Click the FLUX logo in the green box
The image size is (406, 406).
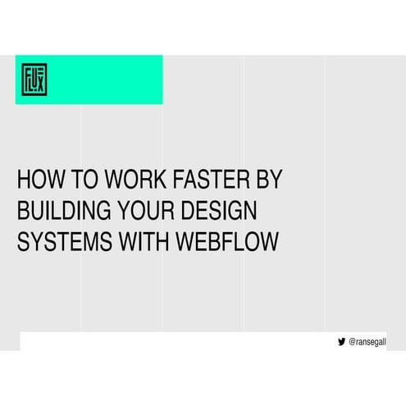coord(34,80)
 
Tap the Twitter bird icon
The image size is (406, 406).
coord(341,342)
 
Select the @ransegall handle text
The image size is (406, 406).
coord(367,342)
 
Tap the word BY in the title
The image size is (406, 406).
coord(267,180)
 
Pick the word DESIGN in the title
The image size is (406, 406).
coord(221,211)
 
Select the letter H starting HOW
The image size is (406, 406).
coord(24,180)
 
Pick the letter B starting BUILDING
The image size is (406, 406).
coord(23,211)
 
